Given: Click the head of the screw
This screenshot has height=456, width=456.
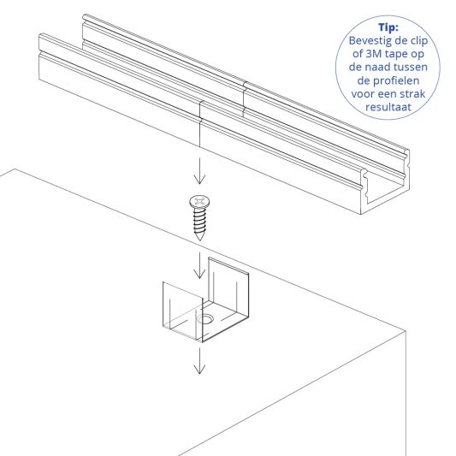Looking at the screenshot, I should tap(199, 202).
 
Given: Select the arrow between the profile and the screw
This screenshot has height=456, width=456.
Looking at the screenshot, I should tap(199, 171).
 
